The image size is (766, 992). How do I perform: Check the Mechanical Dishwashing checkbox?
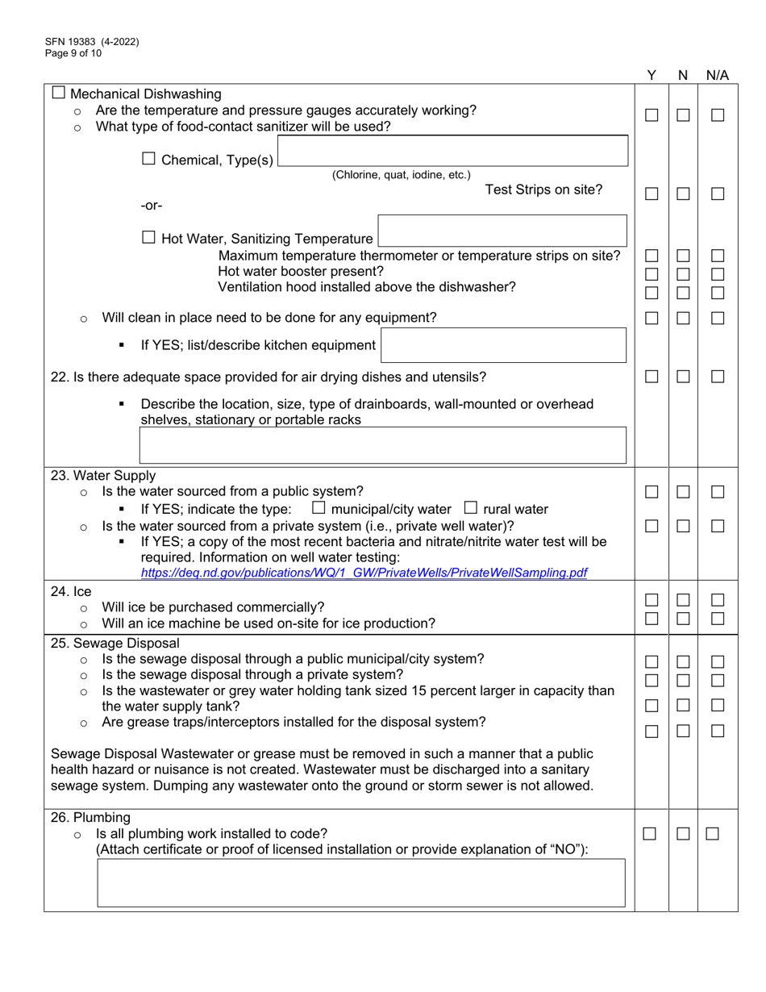click(x=59, y=94)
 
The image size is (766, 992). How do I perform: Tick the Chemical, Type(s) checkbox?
click(x=149, y=160)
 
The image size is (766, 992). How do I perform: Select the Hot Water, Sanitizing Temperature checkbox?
click(x=149, y=238)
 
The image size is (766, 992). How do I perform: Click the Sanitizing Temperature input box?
click(x=502, y=231)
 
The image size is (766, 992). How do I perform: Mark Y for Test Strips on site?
click(x=652, y=194)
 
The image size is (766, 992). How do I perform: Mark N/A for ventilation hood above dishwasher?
click(x=718, y=291)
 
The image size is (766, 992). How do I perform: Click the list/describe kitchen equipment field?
click(x=503, y=345)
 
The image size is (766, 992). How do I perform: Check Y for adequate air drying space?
click(x=652, y=377)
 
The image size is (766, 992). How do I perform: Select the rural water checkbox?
click(x=471, y=508)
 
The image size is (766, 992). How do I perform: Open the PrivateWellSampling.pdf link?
click(x=364, y=573)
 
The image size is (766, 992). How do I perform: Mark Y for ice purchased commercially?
click(x=652, y=600)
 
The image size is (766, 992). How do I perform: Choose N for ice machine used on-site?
click(x=683, y=618)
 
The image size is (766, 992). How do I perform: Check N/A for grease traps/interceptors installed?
click(x=718, y=731)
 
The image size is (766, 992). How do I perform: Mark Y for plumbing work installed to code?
click(x=650, y=834)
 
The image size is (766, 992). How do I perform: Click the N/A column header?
click(x=717, y=76)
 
